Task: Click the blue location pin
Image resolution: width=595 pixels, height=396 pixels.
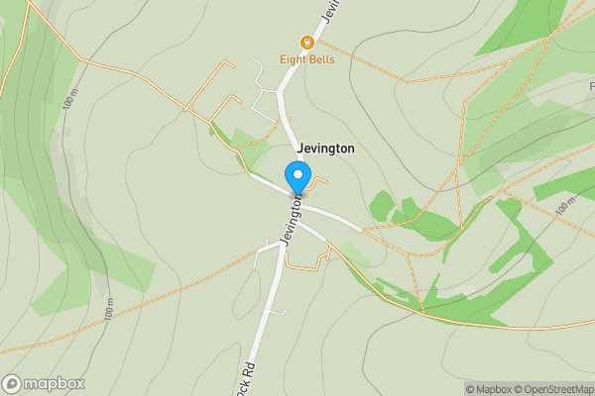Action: [297, 178]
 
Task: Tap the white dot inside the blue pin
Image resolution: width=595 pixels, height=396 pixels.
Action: [297, 174]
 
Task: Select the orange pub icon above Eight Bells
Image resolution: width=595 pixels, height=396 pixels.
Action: [307, 43]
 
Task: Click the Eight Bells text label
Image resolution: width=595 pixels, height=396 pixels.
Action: [307, 59]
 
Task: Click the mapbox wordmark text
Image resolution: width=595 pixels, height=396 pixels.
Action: [54, 383]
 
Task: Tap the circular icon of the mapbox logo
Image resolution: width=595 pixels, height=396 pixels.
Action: [12, 383]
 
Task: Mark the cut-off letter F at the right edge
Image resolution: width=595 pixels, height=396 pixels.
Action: [591, 87]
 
